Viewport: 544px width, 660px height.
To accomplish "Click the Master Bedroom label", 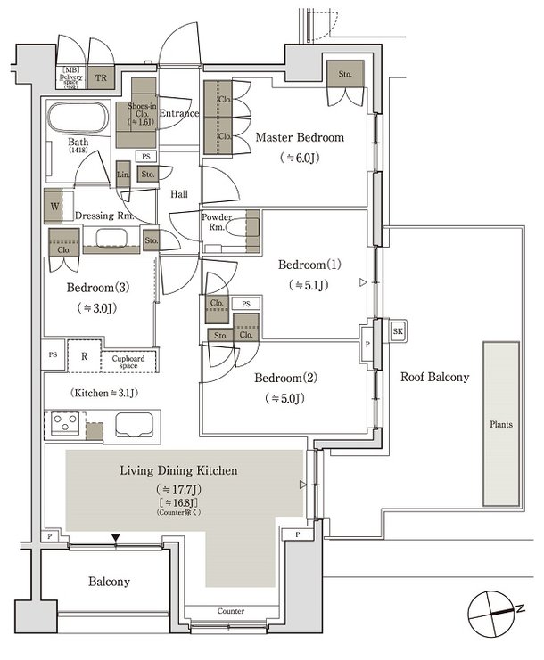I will (300, 138).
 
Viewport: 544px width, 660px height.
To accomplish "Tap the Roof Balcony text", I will (433, 377).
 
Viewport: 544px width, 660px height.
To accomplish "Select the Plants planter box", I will (501, 425).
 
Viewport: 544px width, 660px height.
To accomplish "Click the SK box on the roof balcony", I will (397, 331).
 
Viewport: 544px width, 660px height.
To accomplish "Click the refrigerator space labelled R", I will (83, 354).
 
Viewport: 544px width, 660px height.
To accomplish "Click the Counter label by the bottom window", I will (230, 611).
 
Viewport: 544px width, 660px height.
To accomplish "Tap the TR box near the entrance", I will (102, 77).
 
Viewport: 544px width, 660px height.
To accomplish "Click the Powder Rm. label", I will (217, 223).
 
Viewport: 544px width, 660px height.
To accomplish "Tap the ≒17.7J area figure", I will (178, 490).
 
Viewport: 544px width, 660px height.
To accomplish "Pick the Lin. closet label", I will (124, 175).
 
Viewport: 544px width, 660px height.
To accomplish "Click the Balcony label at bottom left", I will (109, 582).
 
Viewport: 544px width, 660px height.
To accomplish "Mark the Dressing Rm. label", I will (104, 216).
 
